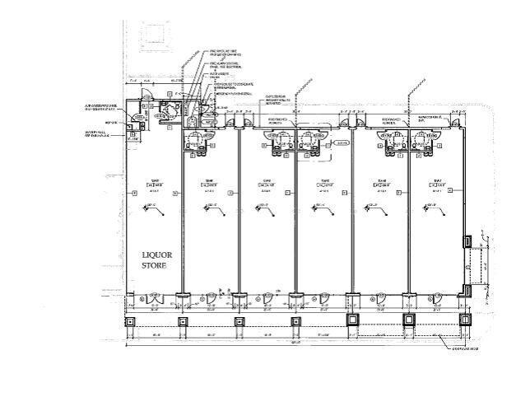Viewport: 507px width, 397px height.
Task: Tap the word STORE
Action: (155, 266)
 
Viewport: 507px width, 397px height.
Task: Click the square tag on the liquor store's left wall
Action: (134, 193)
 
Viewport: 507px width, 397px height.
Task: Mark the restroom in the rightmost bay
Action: (424, 142)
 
